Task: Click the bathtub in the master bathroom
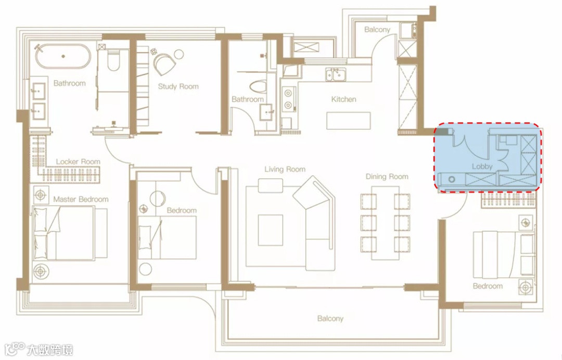click(63, 56)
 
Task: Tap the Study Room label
click(178, 86)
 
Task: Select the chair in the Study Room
click(164, 63)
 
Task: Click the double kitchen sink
click(336, 75)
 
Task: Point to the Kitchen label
click(344, 99)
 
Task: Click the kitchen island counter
click(348, 121)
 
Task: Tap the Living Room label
click(285, 169)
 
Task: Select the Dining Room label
click(387, 176)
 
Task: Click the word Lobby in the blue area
click(482, 166)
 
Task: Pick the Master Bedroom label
click(81, 199)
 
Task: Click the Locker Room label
click(78, 162)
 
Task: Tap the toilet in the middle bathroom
click(259, 86)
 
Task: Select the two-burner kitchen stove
click(288, 99)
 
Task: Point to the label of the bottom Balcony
click(330, 318)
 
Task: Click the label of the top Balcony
click(377, 29)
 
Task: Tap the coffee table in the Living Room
click(271, 230)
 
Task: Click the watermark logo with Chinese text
click(39, 349)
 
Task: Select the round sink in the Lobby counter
click(452, 179)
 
